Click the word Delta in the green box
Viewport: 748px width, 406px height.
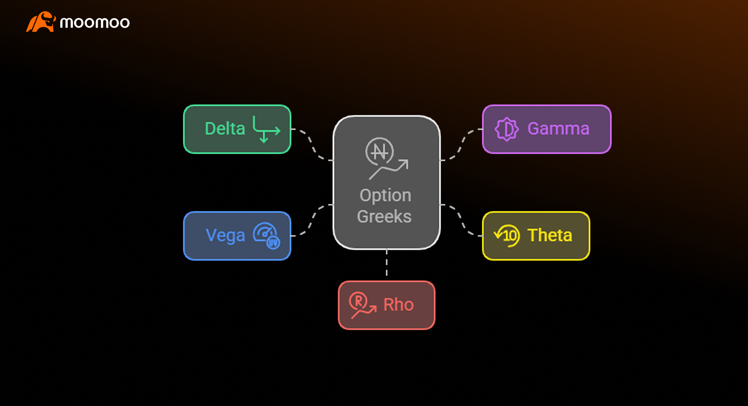click(x=225, y=129)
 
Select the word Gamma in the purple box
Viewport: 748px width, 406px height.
click(x=558, y=129)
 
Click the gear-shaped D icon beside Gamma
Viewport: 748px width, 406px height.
click(x=506, y=129)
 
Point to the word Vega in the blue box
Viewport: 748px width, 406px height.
click(x=225, y=236)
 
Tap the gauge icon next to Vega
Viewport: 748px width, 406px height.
click(x=266, y=236)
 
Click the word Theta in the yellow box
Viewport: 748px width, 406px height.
click(x=549, y=236)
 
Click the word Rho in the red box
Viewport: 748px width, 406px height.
click(x=398, y=305)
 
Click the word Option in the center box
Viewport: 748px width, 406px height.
click(x=385, y=195)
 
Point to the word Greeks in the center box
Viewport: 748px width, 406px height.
click(x=384, y=216)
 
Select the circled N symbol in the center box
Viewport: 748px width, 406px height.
click(x=379, y=151)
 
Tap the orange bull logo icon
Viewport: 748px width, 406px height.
click(x=41, y=22)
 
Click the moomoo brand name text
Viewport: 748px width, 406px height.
click(x=95, y=23)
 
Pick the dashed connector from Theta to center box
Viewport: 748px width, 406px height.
click(x=461, y=220)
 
